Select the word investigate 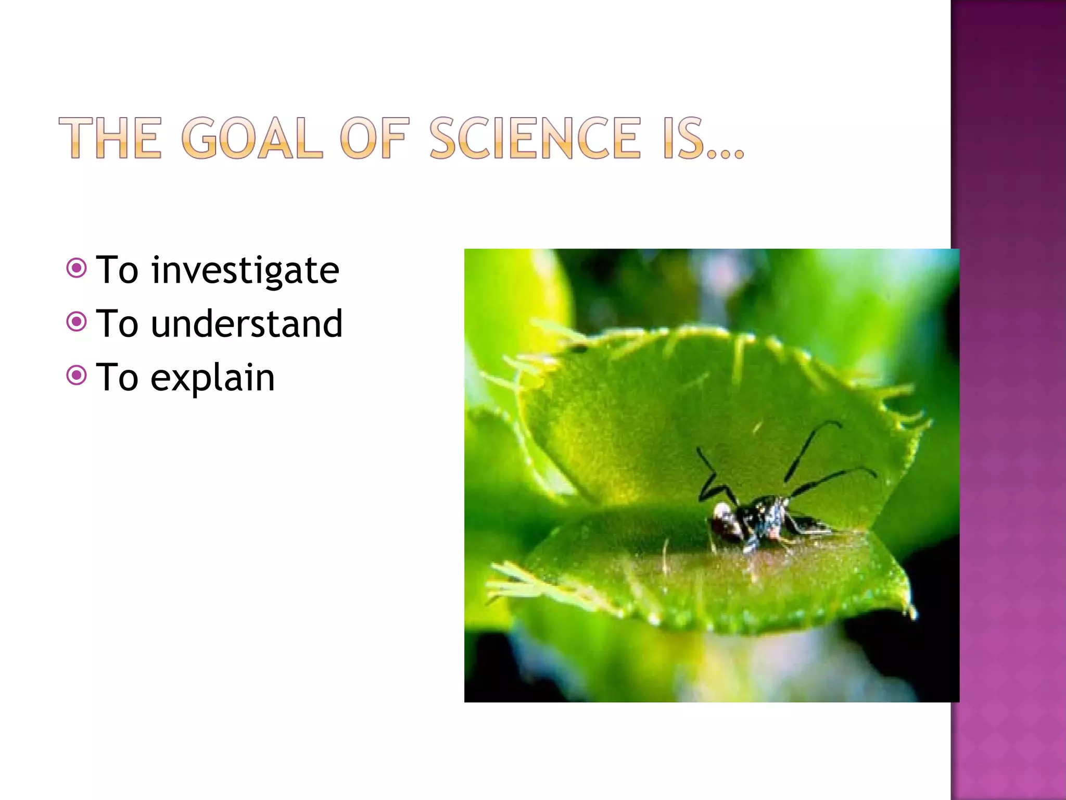[245, 271]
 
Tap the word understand [247, 324]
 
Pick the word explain [212, 378]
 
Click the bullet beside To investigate [77, 268]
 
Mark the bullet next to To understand [77, 322]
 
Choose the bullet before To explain [77, 375]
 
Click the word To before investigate [118, 271]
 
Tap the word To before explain [118, 378]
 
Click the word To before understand [118, 324]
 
